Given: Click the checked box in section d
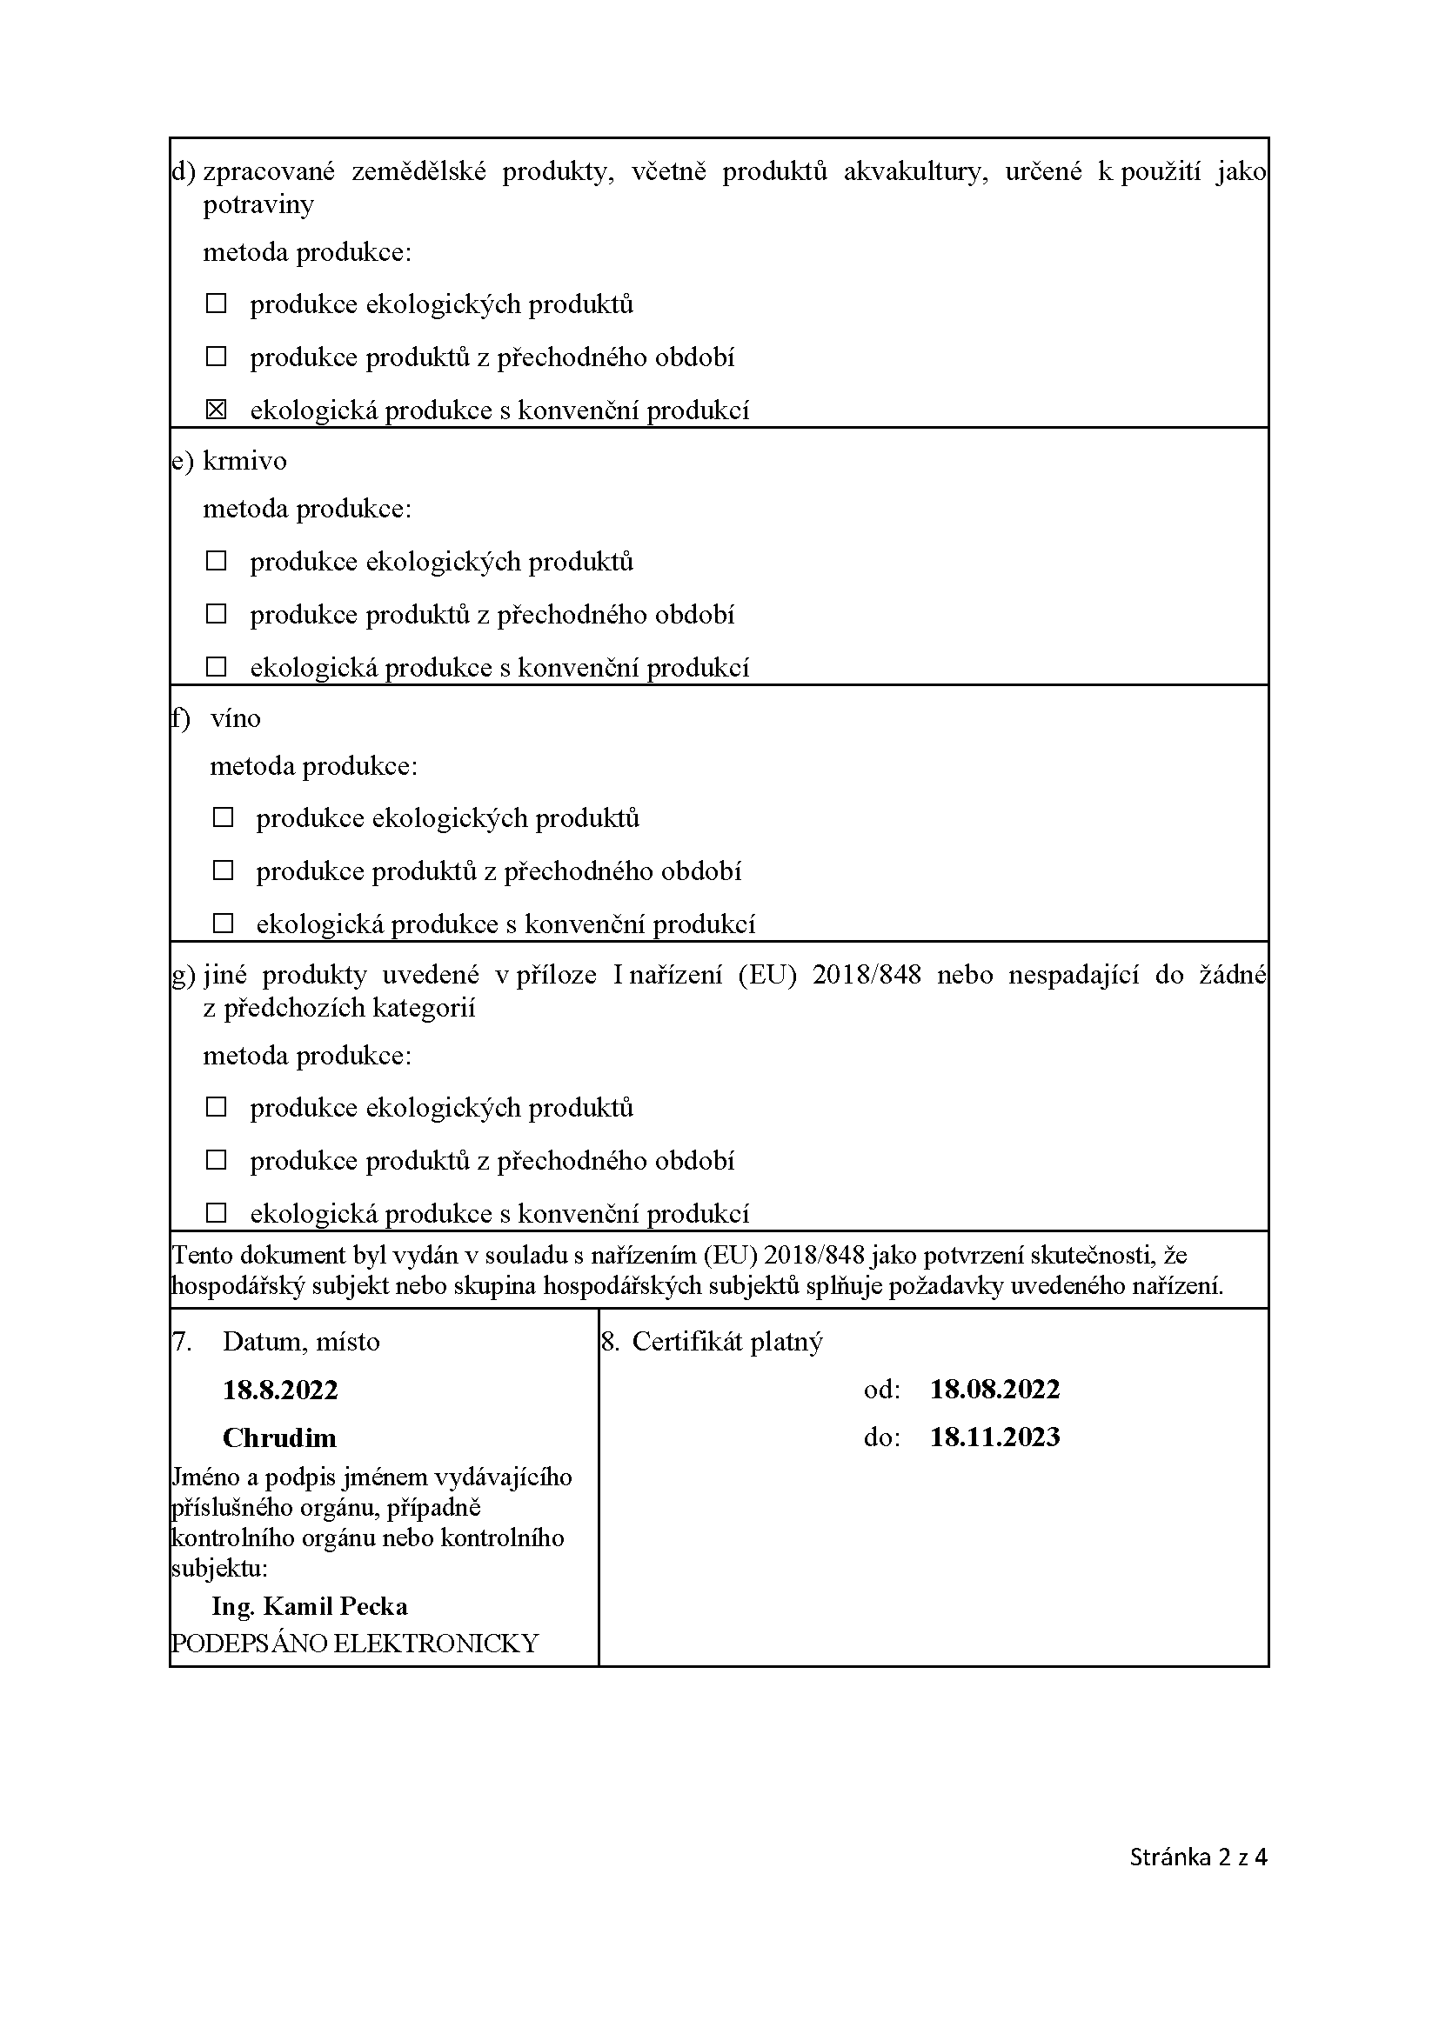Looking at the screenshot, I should coord(217,410).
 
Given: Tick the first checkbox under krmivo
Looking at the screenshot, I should coord(217,561).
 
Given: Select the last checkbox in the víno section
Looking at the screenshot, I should coord(224,924).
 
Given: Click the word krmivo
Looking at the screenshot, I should coord(244,461).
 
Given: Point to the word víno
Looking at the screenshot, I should coord(236,717).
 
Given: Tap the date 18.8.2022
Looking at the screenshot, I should coord(280,1389).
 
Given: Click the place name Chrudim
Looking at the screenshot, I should coord(279,1437).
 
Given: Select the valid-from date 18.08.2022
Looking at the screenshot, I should coord(994,1388).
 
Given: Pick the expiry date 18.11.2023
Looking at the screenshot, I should coord(994,1436).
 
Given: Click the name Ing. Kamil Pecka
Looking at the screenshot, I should coord(309,1605).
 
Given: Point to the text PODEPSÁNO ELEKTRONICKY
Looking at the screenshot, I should coord(354,1644).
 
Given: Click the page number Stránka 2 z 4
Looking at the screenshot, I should coord(1198,1857).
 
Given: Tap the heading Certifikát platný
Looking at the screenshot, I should coord(726,1341).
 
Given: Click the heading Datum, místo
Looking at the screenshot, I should coord(300,1341).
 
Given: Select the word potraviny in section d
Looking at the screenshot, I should coord(258,204).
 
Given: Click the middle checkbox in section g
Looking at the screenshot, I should coord(217,1160).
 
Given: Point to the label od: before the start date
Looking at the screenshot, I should coord(881,1389).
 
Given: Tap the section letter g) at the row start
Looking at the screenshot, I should coord(183,975).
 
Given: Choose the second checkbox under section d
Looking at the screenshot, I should coord(217,357).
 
